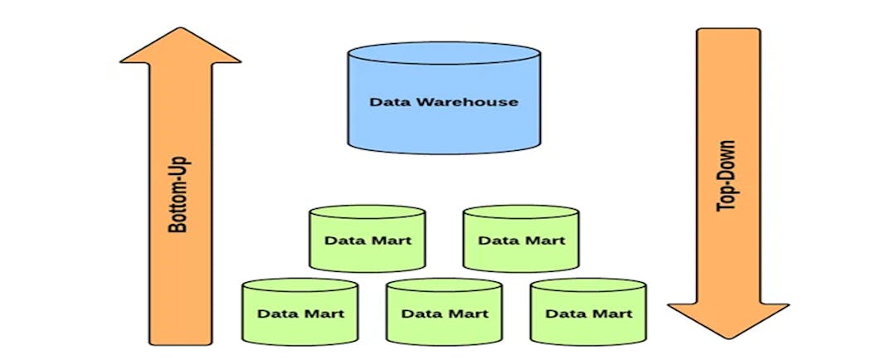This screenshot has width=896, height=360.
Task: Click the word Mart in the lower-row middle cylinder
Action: coord(467,314)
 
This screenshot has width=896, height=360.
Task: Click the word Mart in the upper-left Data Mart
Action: coord(390,241)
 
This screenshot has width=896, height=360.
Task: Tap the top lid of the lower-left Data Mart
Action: coord(300,285)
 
